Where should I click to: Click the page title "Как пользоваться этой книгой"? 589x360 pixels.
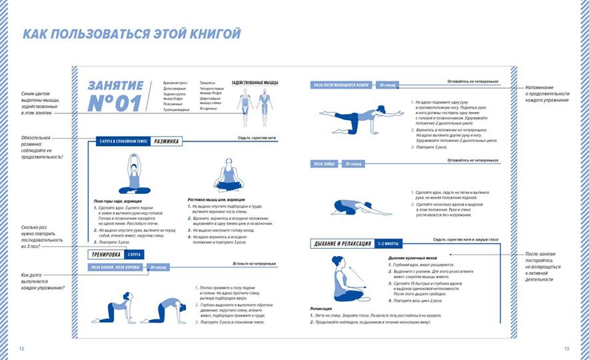pyautogui.click(x=131, y=35)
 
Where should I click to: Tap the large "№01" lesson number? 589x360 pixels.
pyautogui.click(x=115, y=103)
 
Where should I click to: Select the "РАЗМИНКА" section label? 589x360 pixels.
pyautogui.click(x=166, y=141)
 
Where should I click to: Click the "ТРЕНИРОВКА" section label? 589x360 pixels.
pyautogui.click(x=107, y=255)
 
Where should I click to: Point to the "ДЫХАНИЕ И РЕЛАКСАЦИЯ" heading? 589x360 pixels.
pyautogui.click(x=342, y=244)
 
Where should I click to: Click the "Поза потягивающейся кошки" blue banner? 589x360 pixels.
pyautogui.click(x=342, y=85)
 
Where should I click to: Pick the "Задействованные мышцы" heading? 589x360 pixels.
pyautogui.click(x=255, y=83)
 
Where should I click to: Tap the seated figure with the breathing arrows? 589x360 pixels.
pyautogui.click(x=346, y=279)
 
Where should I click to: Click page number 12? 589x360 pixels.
pyautogui.click(x=21, y=349)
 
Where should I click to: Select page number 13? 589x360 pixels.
pyautogui.click(x=566, y=349)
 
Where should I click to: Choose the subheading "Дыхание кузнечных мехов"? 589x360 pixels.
pyautogui.click(x=413, y=257)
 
